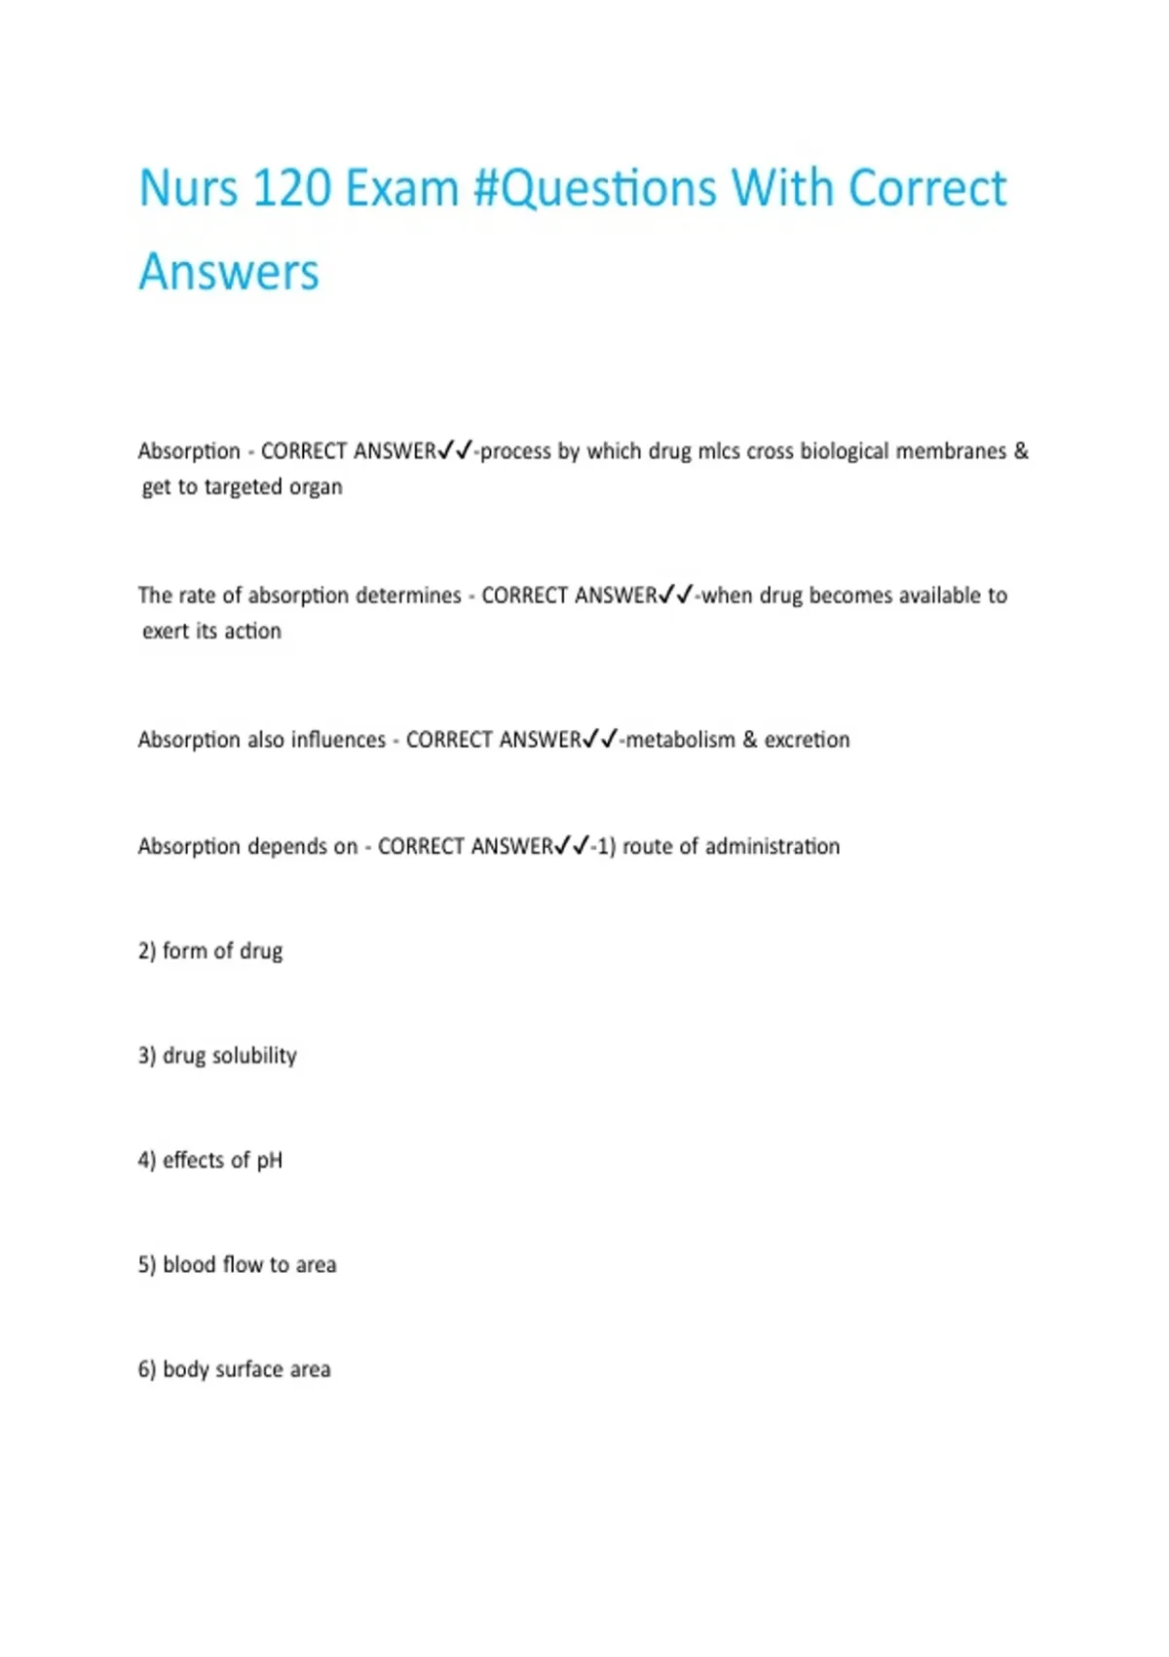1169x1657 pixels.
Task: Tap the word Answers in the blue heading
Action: coord(229,272)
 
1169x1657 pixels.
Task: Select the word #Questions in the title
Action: coord(594,189)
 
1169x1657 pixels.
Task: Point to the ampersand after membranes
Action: coord(1021,451)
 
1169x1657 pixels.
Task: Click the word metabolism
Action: coord(680,740)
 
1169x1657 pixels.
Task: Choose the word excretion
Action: coord(807,740)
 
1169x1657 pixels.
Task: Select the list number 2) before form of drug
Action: coord(147,951)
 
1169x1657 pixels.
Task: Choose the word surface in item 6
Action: coord(248,1369)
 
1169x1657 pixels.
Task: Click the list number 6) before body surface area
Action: coord(147,1369)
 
